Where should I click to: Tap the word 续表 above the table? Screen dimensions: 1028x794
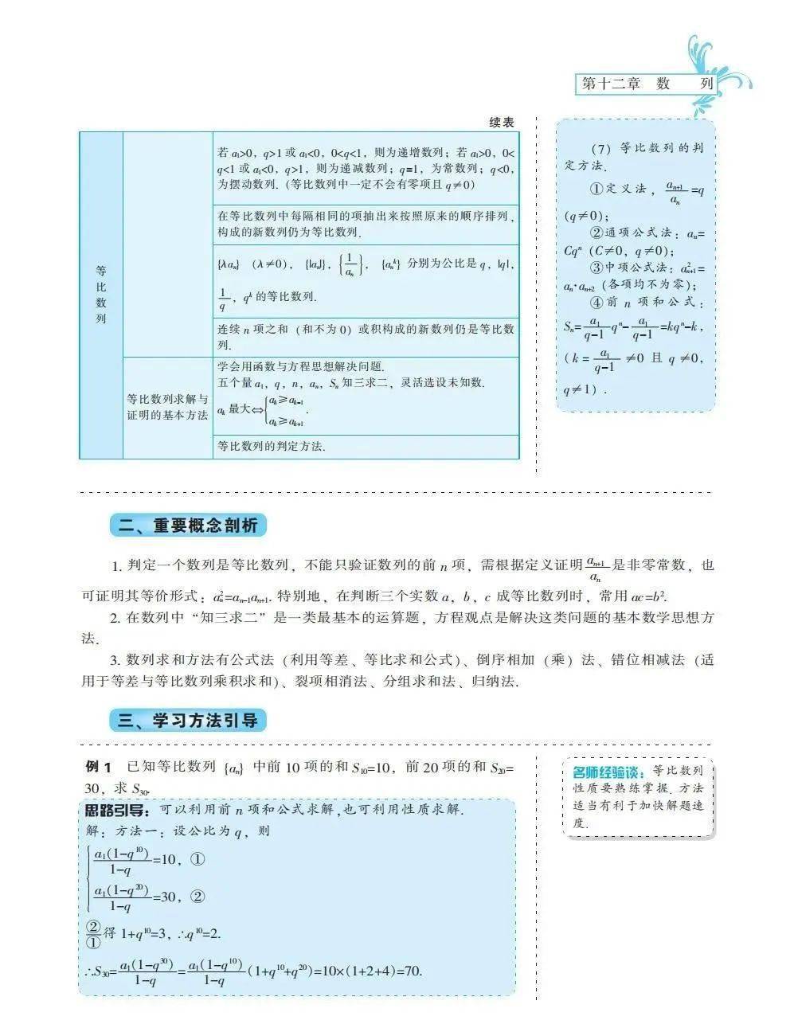point(502,122)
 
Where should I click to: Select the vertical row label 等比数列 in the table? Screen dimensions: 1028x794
point(101,295)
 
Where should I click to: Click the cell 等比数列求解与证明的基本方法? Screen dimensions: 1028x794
point(167,407)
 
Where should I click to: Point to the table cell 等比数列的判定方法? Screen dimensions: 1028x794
point(272,446)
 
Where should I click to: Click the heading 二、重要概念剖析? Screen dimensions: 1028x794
point(188,526)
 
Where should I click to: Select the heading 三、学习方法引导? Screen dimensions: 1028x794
point(188,721)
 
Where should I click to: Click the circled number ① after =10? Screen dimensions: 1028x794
point(198,859)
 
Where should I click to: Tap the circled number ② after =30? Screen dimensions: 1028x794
point(198,897)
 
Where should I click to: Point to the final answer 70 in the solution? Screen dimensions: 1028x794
point(413,971)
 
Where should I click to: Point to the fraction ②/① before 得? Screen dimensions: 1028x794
point(93,933)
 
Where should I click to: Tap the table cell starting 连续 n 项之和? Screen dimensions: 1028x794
point(366,337)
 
